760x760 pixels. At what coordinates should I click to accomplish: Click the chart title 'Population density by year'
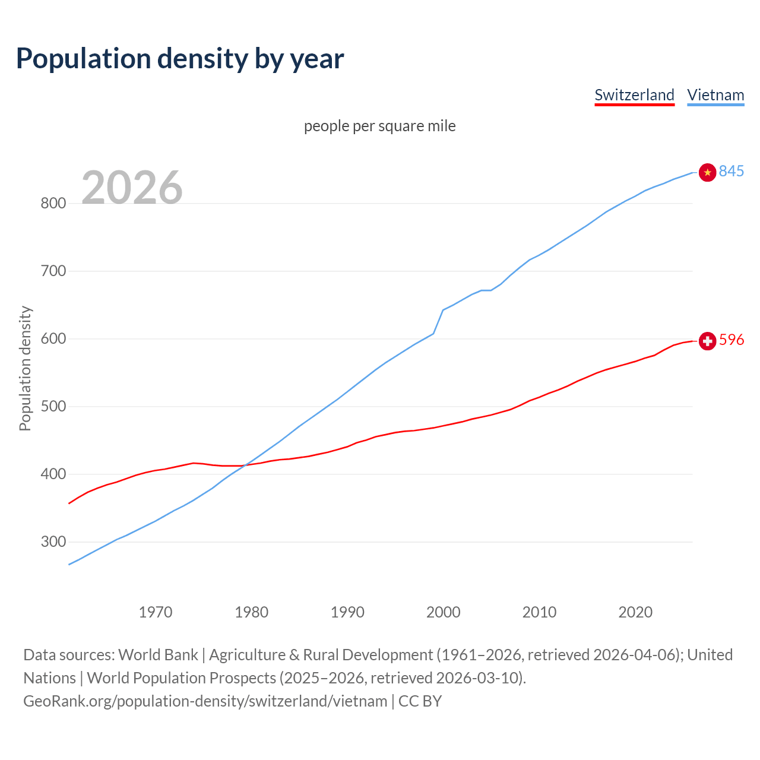pyautogui.click(x=180, y=58)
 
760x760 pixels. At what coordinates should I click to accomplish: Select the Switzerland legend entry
pyautogui.click(x=634, y=95)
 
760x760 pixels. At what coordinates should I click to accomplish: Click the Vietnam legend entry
pyautogui.click(x=715, y=95)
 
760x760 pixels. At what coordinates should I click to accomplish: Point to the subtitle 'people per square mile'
pyautogui.click(x=380, y=126)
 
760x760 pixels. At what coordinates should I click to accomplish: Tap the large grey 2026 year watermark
pyautogui.click(x=132, y=188)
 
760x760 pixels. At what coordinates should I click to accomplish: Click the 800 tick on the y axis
pyautogui.click(x=53, y=204)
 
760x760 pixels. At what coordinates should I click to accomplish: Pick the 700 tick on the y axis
pyautogui.click(x=53, y=271)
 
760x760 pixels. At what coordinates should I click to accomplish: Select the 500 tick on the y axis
pyautogui.click(x=53, y=407)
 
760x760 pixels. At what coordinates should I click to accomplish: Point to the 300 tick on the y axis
pyautogui.click(x=53, y=542)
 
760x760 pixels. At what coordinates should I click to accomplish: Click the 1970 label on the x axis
pyautogui.click(x=156, y=612)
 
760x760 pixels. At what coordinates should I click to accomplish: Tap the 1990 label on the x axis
pyautogui.click(x=347, y=612)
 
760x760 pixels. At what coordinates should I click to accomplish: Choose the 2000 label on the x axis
pyautogui.click(x=444, y=612)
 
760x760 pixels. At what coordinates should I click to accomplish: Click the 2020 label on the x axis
pyautogui.click(x=635, y=612)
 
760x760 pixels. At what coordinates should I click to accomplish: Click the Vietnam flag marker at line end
pyautogui.click(x=707, y=172)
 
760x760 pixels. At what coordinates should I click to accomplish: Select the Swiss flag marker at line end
pyautogui.click(x=707, y=341)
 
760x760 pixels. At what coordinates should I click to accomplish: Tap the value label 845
pyautogui.click(x=731, y=171)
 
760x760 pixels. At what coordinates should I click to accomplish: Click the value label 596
pyautogui.click(x=731, y=340)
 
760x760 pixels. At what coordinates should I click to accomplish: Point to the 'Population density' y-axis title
pyautogui.click(x=25, y=368)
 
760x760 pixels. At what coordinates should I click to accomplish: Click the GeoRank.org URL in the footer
pyautogui.click(x=205, y=701)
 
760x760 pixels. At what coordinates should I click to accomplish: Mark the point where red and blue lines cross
pyautogui.click(x=245, y=465)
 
